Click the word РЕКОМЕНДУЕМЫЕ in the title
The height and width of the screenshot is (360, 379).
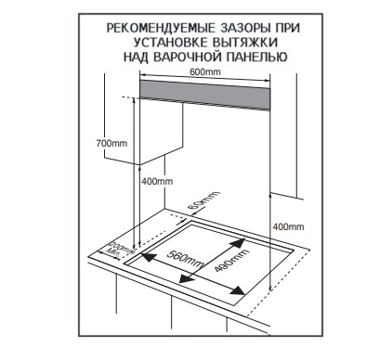[x=161, y=28]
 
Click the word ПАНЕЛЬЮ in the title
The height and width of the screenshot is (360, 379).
[x=259, y=57]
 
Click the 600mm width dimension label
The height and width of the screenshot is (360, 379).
[x=205, y=72]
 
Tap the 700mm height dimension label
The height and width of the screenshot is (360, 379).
[x=111, y=144]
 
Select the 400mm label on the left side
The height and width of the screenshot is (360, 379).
[x=157, y=181]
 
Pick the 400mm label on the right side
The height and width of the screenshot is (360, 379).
[x=288, y=226]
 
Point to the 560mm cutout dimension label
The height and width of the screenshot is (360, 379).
[x=185, y=259]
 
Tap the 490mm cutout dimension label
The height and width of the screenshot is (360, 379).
[x=231, y=261]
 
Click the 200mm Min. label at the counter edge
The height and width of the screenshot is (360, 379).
[x=120, y=248]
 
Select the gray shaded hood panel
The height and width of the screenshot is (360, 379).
[x=204, y=95]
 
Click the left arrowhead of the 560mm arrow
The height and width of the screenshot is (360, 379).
[x=148, y=257]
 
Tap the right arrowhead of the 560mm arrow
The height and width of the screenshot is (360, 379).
[x=240, y=290]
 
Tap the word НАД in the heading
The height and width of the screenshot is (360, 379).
[x=136, y=57]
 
